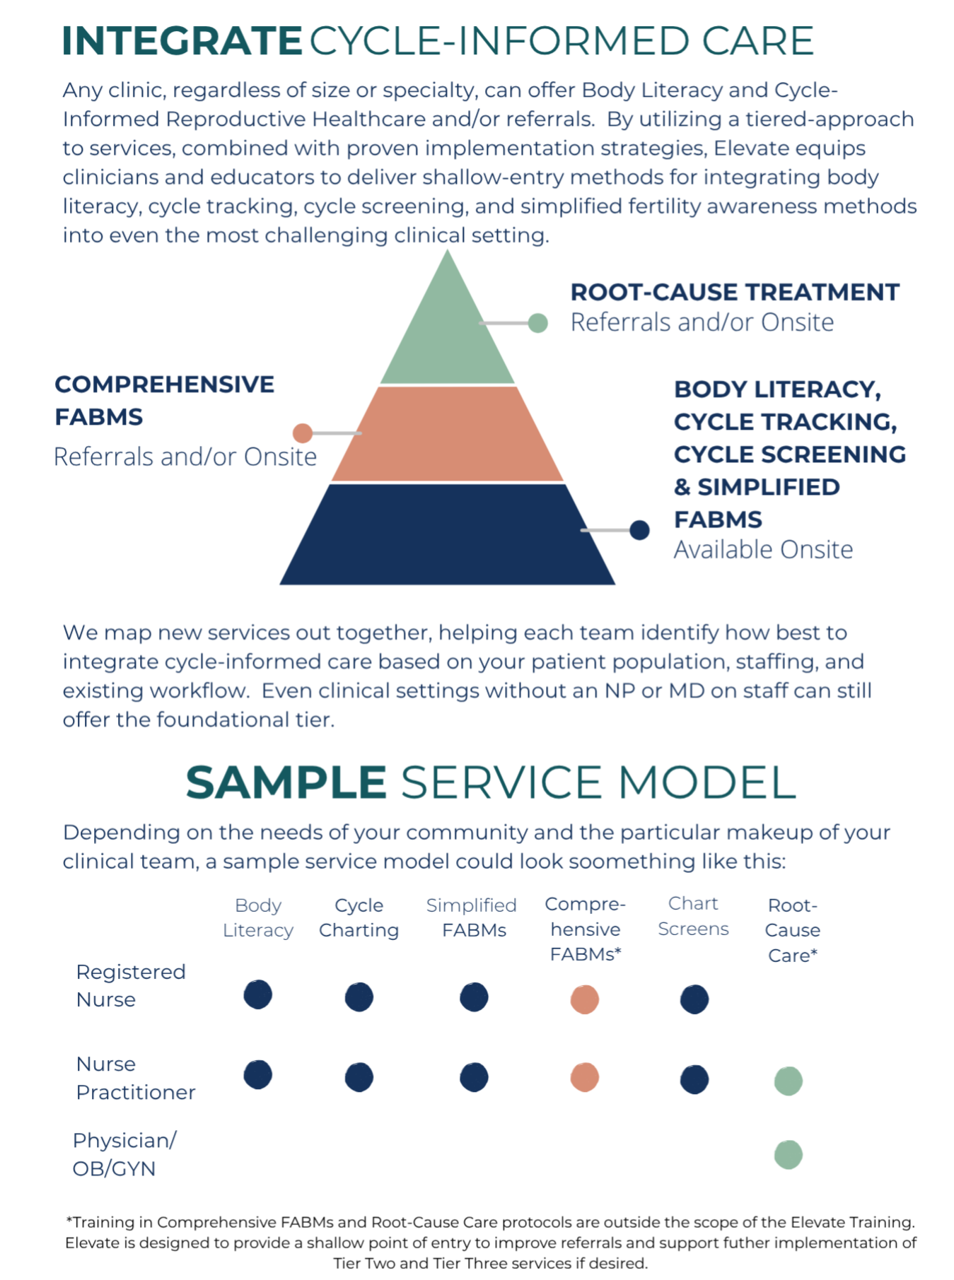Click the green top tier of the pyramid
[x=448, y=332]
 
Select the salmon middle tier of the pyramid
[x=448, y=434]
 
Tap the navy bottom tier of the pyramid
[x=448, y=534]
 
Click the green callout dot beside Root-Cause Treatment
[x=538, y=323]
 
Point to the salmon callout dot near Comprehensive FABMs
[x=303, y=433]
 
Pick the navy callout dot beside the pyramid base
[x=639, y=530]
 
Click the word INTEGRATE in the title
[x=182, y=41]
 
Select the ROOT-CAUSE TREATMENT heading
[x=735, y=292]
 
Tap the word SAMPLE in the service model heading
[x=286, y=782]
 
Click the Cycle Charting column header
[x=359, y=917]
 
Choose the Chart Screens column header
[x=693, y=916]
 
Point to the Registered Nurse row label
[x=131, y=985]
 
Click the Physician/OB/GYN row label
[x=124, y=1154]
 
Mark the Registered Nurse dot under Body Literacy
[x=258, y=994]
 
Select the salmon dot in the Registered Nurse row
[x=585, y=999]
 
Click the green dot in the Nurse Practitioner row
[x=789, y=1081]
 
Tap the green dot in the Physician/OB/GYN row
[x=789, y=1155]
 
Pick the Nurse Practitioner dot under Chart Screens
[x=694, y=1079]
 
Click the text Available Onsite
[x=763, y=549]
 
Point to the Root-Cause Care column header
[x=793, y=930]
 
